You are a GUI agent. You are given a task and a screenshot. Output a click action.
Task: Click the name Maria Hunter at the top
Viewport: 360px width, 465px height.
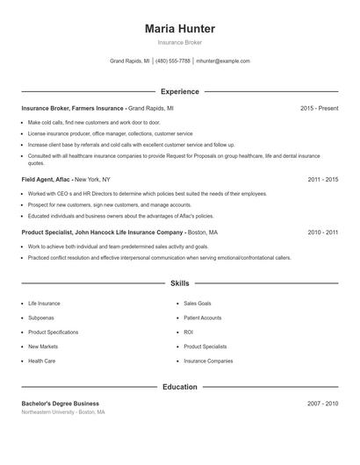point(179,29)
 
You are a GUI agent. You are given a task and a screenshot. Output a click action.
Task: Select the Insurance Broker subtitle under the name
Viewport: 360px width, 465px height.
point(179,42)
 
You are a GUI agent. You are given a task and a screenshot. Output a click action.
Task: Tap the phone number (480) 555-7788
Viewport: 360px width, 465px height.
point(173,61)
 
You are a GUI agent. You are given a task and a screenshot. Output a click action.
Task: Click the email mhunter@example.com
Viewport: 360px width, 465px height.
point(223,61)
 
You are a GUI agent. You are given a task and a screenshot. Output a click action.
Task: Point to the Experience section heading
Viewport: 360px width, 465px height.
point(179,91)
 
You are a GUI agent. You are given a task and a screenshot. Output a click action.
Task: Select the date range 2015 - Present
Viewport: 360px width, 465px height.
point(319,108)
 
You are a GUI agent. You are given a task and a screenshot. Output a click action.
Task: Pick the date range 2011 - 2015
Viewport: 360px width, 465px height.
point(323,179)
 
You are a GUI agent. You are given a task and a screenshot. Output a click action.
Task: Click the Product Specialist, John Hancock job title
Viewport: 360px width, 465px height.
point(102,232)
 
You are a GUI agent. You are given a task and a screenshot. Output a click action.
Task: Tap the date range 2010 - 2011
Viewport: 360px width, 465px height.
point(323,232)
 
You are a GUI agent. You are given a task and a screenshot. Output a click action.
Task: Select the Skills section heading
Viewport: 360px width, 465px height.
point(179,283)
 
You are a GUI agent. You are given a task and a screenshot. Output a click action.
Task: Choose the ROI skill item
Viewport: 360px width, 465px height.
point(188,333)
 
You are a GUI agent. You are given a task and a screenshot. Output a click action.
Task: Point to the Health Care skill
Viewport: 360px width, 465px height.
point(42,361)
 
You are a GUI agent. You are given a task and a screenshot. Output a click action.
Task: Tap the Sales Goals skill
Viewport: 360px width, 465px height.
point(197,304)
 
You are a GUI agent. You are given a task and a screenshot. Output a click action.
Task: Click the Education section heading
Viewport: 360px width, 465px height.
point(179,386)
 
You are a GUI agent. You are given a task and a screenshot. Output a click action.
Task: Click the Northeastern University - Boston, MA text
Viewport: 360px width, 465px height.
point(63,411)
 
